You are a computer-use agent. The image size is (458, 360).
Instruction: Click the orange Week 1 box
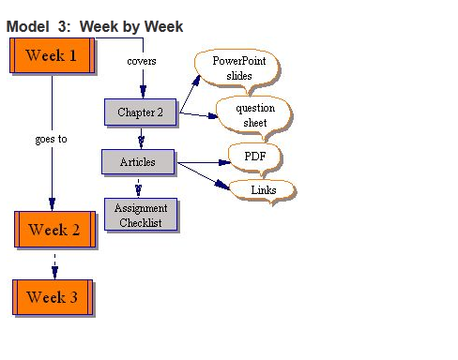(x=53, y=55)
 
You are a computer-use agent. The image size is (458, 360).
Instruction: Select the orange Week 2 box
(x=54, y=230)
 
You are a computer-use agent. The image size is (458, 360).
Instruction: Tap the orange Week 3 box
(x=53, y=297)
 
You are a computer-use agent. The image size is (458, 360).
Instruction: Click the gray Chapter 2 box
(x=140, y=112)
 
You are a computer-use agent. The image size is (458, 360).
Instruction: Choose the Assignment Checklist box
(x=140, y=215)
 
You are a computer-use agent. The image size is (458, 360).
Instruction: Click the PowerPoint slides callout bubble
(x=237, y=68)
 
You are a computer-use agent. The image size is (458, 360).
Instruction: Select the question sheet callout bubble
(x=250, y=115)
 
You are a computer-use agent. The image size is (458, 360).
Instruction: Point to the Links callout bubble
(x=263, y=190)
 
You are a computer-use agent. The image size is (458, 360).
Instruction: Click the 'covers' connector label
(x=141, y=62)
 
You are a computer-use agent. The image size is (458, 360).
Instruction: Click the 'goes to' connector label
(x=51, y=139)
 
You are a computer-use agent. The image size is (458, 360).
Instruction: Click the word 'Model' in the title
(x=27, y=26)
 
